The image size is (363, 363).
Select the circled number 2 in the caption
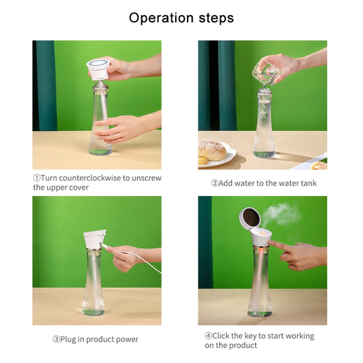click(214, 183)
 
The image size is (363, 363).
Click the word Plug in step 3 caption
click(69, 339)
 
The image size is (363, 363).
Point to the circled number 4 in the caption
click(208, 336)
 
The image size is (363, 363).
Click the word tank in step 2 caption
click(307, 183)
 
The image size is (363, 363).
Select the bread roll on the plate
click(212, 150)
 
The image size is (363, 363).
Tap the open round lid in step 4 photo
click(250, 218)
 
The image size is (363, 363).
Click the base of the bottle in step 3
click(93, 311)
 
